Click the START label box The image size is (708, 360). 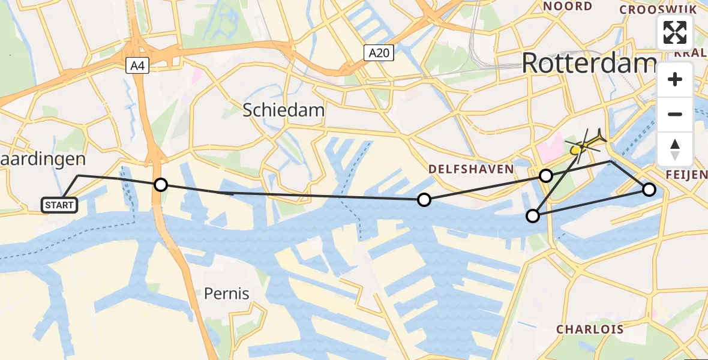click(x=60, y=205)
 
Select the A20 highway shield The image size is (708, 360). click(x=379, y=53)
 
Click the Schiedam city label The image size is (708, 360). click(x=284, y=110)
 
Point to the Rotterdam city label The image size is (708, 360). click(x=589, y=62)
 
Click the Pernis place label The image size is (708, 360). click(x=226, y=293)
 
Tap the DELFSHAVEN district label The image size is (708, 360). click(x=471, y=169)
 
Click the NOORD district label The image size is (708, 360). click(x=567, y=7)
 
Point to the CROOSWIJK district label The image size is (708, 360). click(x=658, y=10)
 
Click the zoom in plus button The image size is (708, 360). click(x=675, y=79)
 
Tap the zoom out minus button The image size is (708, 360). click(x=675, y=114)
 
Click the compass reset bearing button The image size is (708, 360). click(x=675, y=149)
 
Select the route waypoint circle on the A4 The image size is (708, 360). click(x=161, y=184)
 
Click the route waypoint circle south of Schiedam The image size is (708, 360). click(x=424, y=200)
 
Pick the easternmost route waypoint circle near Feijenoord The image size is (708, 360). click(x=649, y=190)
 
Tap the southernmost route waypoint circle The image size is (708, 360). click(x=533, y=216)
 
